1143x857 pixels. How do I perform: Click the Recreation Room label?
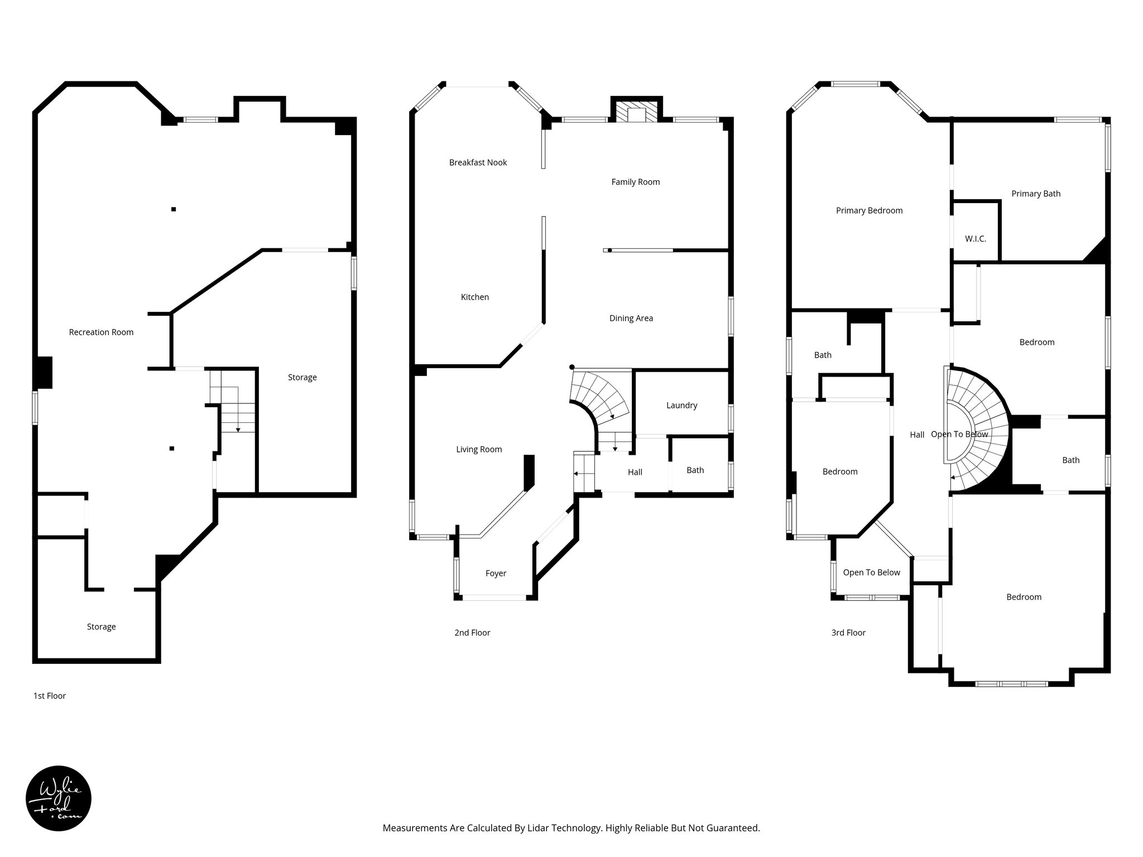[x=101, y=332]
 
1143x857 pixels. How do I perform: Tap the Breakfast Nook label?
[x=478, y=162]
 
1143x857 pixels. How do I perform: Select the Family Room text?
[x=635, y=182]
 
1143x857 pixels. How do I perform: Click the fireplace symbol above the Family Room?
[x=636, y=111]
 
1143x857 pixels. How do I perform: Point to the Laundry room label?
[x=681, y=405]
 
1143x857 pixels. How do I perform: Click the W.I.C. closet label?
[x=975, y=239]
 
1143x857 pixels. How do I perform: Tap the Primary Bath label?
[x=1036, y=194]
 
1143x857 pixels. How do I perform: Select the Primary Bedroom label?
[x=869, y=210]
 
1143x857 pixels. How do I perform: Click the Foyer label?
[x=496, y=573]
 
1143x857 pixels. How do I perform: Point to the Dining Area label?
[x=631, y=318]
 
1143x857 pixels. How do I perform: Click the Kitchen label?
[x=474, y=297]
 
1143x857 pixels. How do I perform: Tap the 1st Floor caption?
[x=50, y=696]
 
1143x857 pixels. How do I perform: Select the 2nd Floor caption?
[x=472, y=633]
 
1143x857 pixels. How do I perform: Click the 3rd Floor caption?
[x=848, y=633]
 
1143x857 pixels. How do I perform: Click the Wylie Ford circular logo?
[x=59, y=798]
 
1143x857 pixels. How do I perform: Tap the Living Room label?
[x=479, y=449]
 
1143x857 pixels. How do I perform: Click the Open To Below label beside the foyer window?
[x=871, y=572]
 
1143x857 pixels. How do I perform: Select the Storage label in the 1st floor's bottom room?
[x=101, y=627]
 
